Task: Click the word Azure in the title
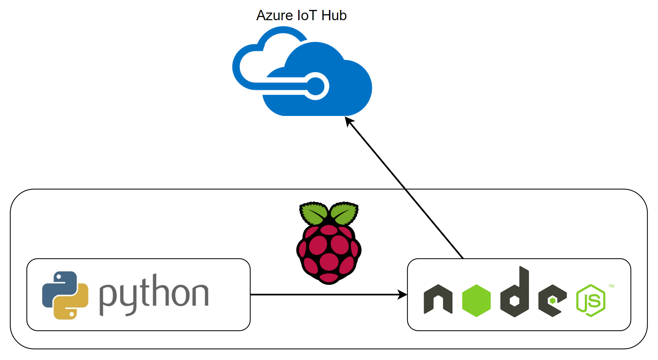pyautogui.click(x=274, y=16)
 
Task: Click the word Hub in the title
pyautogui.click(x=334, y=16)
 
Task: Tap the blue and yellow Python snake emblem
pyautogui.click(x=65, y=295)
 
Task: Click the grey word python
pyautogui.click(x=154, y=294)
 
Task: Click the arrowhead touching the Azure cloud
pyautogui.click(x=349, y=121)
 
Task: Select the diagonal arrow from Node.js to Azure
pyautogui.click(x=405, y=189)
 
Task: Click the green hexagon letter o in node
pyautogui.click(x=476, y=300)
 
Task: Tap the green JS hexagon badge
pyautogui.click(x=591, y=300)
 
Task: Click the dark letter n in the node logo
pyautogui.click(x=438, y=299)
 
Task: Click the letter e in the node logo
pyautogui.click(x=552, y=301)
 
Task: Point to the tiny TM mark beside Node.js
pyautogui.click(x=611, y=286)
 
